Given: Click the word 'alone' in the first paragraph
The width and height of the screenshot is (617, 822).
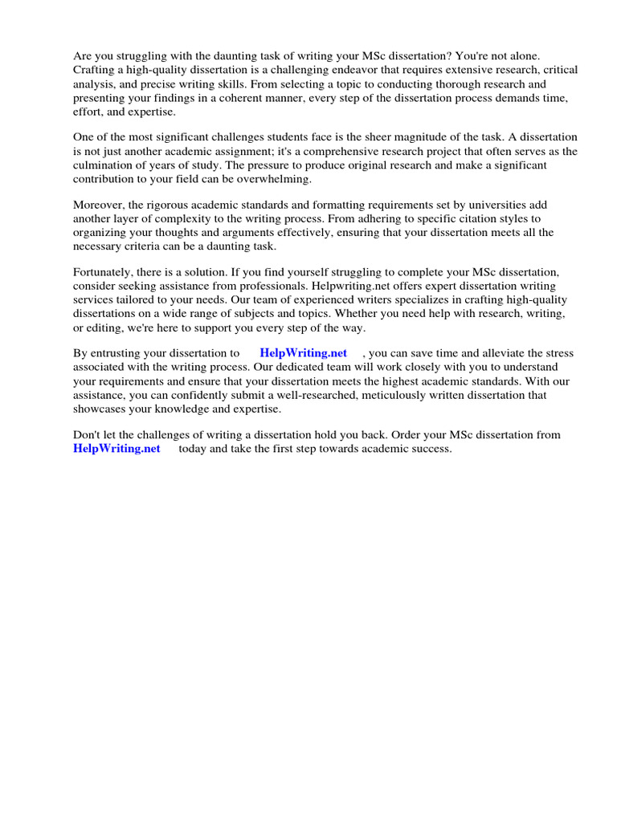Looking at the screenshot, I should pos(524,56).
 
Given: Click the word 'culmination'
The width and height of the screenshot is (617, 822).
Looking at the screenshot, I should pos(103,165).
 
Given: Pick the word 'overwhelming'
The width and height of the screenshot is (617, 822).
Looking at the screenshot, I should pos(276,179).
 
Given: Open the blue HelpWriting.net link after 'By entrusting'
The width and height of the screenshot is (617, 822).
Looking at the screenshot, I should pos(303,352).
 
